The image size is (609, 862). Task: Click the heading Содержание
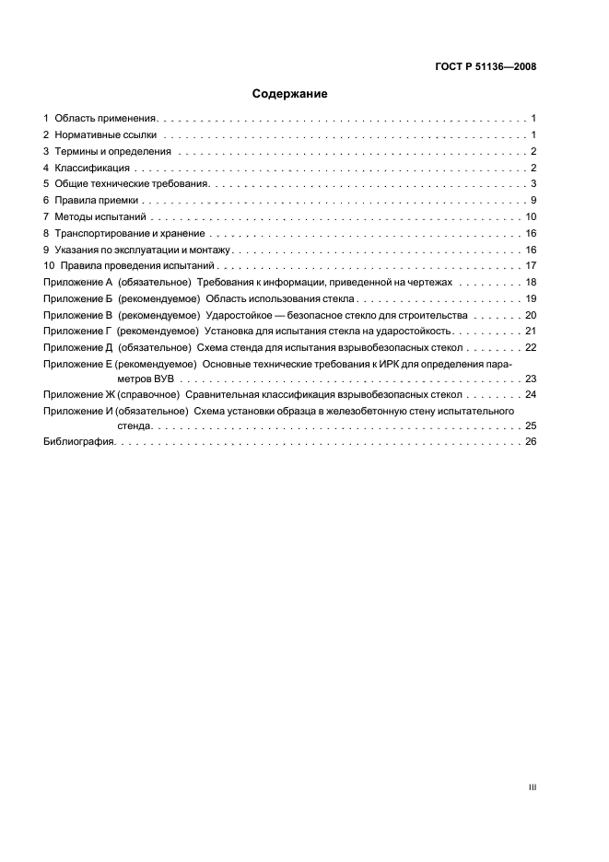coord(290,94)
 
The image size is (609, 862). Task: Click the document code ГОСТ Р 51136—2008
coord(486,66)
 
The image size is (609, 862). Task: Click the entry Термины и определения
coord(112,152)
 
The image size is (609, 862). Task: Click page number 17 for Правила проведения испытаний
coord(531,266)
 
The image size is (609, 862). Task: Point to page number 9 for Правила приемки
coord(533,201)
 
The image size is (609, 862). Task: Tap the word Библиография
coord(79,443)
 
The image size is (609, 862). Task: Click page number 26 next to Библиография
coord(531,443)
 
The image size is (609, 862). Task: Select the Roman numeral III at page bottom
coord(532,788)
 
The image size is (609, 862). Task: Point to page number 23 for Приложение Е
coord(531,379)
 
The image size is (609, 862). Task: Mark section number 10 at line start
coord(50,266)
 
